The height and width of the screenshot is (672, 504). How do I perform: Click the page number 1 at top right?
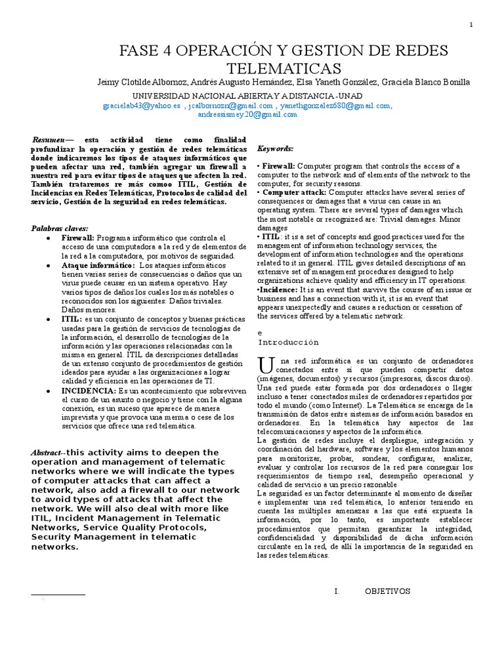(x=472, y=25)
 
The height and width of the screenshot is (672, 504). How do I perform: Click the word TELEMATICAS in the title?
(x=284, y=68)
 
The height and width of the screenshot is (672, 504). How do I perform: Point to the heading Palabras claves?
(x=59, y=228)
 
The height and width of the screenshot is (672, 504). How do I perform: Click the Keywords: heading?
(x=276, y=149)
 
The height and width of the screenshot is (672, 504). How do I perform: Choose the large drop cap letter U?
(x=264, y=364)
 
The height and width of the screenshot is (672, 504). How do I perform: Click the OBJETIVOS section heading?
(x=387, y=591)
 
